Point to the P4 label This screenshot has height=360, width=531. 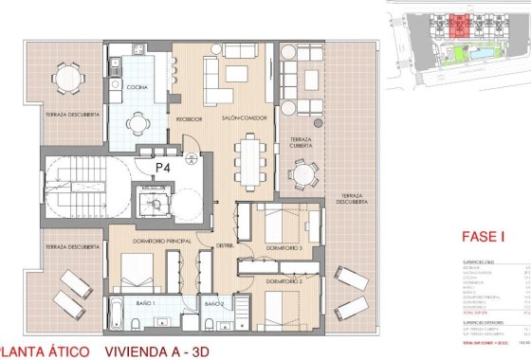click(163, 166)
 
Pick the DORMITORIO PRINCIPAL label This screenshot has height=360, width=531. click(145, 242)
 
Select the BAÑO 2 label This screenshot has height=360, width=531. click(213, 303)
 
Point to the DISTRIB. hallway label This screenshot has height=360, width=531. click(225, 245)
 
